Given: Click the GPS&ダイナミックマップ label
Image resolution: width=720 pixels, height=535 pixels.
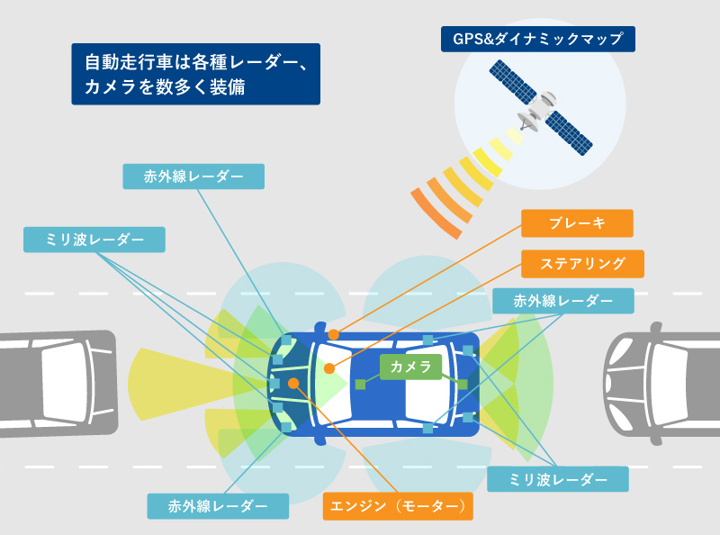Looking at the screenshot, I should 538,40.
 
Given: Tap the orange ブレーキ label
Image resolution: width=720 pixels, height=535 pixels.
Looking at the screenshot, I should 577,223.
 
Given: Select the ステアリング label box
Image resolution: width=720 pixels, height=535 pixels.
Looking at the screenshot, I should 582,264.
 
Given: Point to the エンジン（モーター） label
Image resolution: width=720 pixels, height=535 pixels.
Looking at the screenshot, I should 397,506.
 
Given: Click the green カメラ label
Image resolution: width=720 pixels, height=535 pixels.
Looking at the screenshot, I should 410,367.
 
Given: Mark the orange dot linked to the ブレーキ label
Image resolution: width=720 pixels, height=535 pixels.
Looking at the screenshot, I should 334,334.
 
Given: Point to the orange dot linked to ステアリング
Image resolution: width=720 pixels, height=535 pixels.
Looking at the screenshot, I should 329,368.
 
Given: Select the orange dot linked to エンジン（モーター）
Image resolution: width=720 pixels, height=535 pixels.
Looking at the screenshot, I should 293,384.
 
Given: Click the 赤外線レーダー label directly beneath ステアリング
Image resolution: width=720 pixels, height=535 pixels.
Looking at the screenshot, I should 562,301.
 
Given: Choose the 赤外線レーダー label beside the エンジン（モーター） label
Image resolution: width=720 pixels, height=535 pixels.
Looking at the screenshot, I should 218,506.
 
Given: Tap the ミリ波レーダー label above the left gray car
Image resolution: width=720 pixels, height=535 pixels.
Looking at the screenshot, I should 94,239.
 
